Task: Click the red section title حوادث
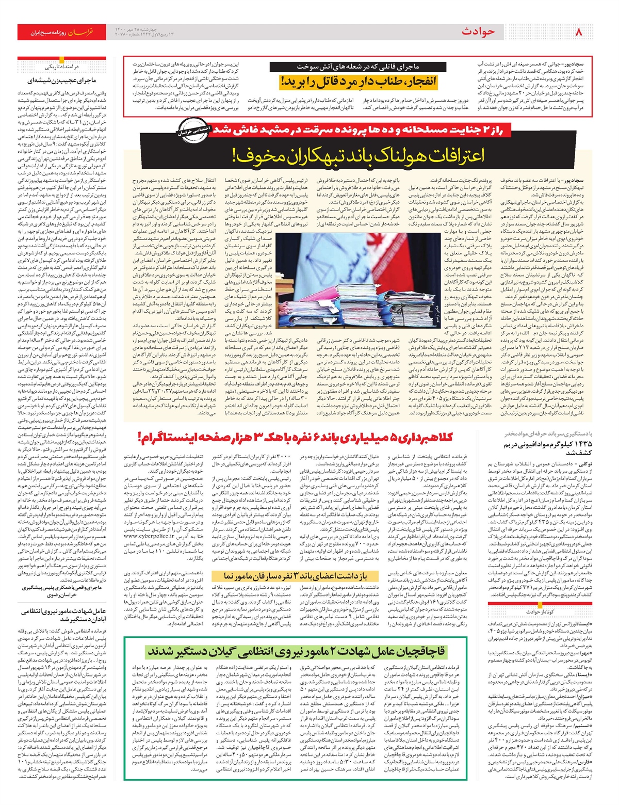point(478,32)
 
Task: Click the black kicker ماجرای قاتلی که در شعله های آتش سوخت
point(358,67)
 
